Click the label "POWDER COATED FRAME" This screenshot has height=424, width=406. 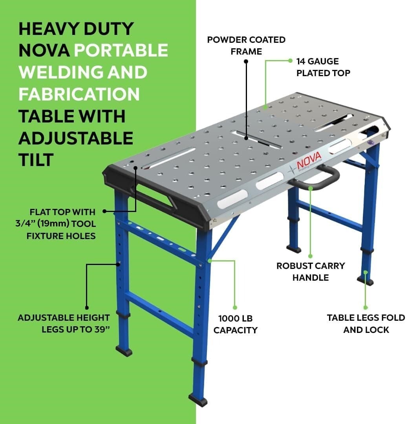[246, 45]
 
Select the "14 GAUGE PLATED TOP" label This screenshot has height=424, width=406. [323, 67]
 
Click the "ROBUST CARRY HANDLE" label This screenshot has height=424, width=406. [311, 271]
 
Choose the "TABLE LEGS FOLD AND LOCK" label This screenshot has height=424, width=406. [366, 323]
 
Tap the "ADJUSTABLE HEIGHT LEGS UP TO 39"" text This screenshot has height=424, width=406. [64, 323]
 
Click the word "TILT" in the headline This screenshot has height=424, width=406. [36, 160]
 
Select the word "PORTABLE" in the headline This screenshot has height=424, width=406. [121, 50]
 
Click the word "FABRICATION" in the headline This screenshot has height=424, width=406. [79, 94]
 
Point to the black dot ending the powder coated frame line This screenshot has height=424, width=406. [246, 61]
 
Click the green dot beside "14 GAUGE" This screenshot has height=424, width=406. [290, 61]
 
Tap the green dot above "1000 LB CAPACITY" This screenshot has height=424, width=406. [235, 307]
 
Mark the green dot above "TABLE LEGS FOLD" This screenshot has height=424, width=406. [365, 307]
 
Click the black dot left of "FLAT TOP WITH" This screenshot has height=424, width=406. [105, 211]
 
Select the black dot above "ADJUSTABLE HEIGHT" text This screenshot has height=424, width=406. [87, 308]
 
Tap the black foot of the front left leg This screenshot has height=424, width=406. [124, 350]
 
